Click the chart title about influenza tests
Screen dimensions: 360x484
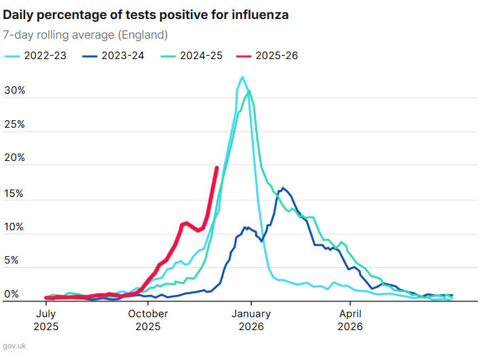(146, 15)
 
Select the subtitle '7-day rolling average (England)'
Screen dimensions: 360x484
(86, 35)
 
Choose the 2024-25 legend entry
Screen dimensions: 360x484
(191, 56)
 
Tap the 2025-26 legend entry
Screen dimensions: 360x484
(267, 56)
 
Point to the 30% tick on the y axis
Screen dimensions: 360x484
(14, 90)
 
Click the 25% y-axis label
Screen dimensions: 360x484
(14, 124)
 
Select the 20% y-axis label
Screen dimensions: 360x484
(14, 158)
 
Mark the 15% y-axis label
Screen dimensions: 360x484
(14, 193)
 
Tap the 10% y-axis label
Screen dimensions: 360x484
(14, 227)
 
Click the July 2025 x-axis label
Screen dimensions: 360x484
(45, 319)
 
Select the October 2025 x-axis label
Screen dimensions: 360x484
(148, 319)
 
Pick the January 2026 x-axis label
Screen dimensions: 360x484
(250, 319)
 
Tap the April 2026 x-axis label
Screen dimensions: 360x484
(350, 319)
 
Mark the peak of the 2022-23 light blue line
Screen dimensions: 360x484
(242, 77)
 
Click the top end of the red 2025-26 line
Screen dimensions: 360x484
(217, 167)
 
